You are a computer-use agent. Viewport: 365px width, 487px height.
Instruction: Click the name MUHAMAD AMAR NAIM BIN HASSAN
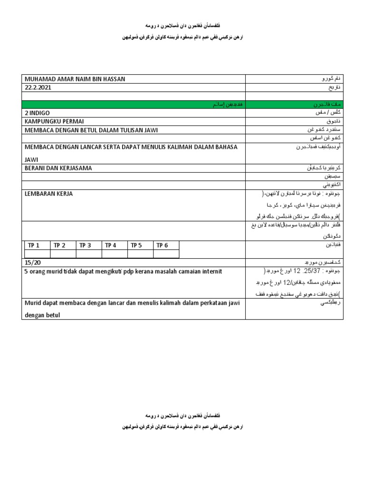75,79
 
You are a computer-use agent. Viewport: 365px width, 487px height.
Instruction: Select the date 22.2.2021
38,88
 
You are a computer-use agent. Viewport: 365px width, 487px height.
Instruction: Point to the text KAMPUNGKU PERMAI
53,122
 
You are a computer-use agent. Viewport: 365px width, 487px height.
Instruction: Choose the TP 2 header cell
59,245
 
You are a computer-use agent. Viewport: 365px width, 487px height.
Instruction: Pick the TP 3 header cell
85,245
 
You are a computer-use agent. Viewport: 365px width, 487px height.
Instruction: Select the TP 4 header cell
111,245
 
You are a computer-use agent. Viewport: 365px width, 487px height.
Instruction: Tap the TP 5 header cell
136,245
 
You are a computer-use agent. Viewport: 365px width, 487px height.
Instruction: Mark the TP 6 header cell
162,245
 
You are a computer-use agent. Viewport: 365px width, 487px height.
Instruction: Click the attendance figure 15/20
31,263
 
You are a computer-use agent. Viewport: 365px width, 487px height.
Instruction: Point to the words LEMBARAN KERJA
48,194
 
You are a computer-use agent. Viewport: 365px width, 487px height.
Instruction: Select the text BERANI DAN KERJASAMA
58,168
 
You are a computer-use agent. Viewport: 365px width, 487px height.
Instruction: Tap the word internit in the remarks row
211,271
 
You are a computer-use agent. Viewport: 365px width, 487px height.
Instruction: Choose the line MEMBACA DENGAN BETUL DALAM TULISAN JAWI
91,130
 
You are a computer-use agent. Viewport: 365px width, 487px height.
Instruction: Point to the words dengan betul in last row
42,315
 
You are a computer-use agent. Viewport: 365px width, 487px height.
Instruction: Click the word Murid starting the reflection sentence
32,303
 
